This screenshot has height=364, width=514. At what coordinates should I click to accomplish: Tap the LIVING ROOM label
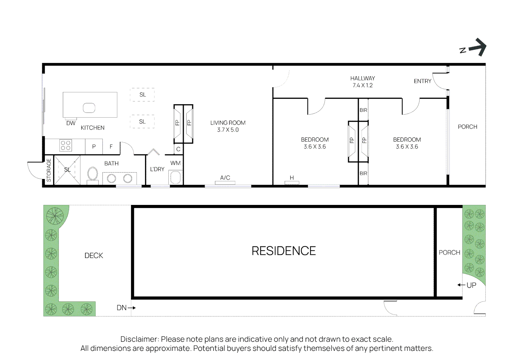coord(228,123)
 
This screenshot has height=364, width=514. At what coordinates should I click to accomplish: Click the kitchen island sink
coord(89,108)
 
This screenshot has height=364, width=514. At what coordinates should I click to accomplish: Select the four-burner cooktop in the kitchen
coord(65,146)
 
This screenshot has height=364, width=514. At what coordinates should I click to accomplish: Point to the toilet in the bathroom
coord(92,175)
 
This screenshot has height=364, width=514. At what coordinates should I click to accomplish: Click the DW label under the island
coord(71,123)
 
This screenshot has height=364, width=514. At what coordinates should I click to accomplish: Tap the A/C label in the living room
coord(225,178)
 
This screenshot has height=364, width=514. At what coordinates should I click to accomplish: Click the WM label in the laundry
coord(175,163)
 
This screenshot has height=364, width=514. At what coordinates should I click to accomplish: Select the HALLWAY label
coord(363,78)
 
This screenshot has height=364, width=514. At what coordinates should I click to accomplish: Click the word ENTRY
coord(422,81)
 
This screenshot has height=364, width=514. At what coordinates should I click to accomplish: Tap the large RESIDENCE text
coord(284,251)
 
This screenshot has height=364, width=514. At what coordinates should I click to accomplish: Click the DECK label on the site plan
coord(94,255)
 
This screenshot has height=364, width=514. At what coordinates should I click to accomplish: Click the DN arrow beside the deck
coord(132,308)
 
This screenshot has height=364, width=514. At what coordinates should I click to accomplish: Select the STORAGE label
coord(49,170)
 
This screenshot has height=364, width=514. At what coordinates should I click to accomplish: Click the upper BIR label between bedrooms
coord(363,110)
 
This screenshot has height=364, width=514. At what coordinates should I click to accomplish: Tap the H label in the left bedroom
coord(292,178)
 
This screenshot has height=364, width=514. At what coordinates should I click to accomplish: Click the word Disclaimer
coord(139,339)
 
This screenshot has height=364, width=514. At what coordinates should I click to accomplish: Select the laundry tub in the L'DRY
coord(175,177)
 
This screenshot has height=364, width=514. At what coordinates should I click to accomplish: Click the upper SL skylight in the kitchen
coord(142,95)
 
